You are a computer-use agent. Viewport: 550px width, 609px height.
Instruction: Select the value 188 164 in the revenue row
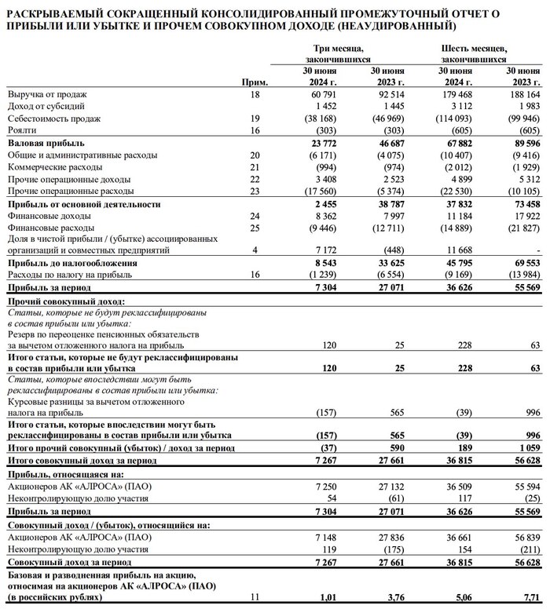524,94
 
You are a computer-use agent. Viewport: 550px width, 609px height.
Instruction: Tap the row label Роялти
23,129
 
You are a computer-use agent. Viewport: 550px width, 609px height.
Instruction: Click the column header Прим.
257,82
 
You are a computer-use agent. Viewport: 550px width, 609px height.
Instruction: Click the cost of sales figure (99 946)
522,118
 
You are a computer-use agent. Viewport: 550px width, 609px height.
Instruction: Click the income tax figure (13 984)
522,275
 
